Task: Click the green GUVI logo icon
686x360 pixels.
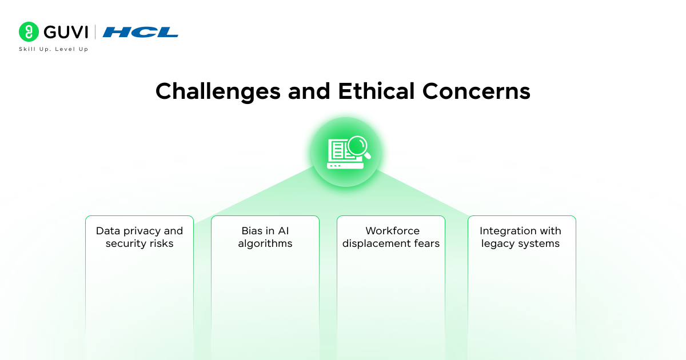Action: tap(29, 32)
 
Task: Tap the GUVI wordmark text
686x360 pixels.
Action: tap(65, 32)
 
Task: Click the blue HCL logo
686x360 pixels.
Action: tap(141, 32)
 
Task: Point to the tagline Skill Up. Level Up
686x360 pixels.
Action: tap(53, 49)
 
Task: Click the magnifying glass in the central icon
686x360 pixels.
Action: tap(358, 146)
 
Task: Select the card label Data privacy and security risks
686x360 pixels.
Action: tap(139, 237)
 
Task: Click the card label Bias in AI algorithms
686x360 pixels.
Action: tap(265, 237)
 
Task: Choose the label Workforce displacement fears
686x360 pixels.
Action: tap(391, 237)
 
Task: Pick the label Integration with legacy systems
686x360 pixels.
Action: tap(520, 237)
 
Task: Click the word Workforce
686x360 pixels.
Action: tap(392, 231)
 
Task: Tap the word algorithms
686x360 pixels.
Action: tap(265, 244)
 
